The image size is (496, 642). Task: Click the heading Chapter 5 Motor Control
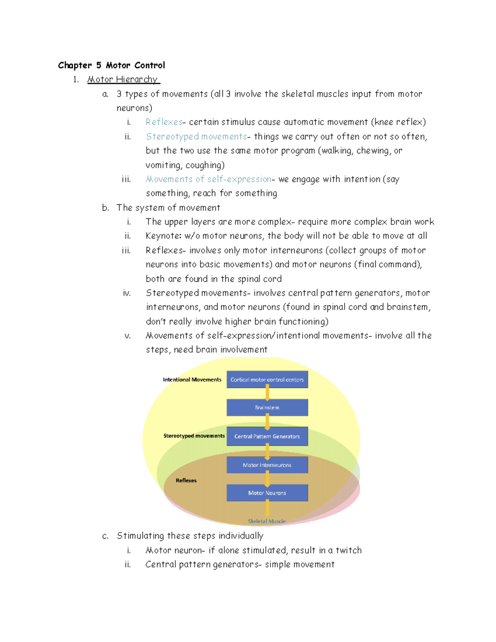pyautogui.click(x=111, y=65)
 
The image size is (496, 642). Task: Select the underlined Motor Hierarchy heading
pyautogui.click(x=123, y=79)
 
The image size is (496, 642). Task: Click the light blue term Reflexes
pyautogui.click(x=164, y=122)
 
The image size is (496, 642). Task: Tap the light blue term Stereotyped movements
pyautogui.click(x=196, y=136)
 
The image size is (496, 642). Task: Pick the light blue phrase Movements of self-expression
pyautogui.click(x=208, y=179)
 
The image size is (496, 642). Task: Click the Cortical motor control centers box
pyautogui.click(x=267, y=379)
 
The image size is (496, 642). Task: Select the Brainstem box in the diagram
pyautogui.click(x=267, y=408)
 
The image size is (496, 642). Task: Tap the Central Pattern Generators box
pyautogui.click(x=267, y=436)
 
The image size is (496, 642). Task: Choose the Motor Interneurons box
pyautogui.click(x=267, y=465)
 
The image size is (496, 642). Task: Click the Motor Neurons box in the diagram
pyautogui.click(x=267, y=493)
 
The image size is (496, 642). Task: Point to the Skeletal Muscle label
pyautogui.click(x=267, y=521)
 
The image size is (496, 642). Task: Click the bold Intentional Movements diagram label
pyautogui.click(x=192, y=379)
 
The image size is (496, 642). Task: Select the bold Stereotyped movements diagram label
pyautogui.click(x=194, y=436)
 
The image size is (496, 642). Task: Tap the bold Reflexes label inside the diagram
pyautogui.click(x=186, y=480)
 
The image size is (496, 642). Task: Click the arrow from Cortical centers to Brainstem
pyautogui.click(x=267, y=393)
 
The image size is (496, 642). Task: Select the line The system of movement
pyautogui.click(x=168, y=208)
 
